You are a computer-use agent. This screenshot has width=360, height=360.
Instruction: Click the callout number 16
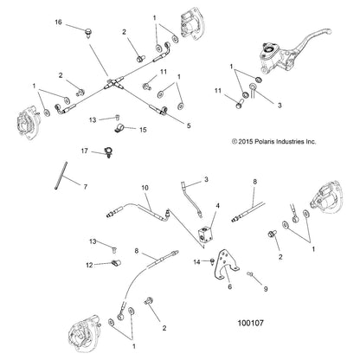click(x=58, y=22)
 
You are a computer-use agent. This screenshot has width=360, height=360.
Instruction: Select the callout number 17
click(x=84, y=151)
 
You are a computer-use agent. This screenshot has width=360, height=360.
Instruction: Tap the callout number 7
click(x=86, y=187)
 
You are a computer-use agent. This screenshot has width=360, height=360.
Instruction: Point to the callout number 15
click(x=143, y=130)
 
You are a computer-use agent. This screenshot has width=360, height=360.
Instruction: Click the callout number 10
click(x=145, y=188)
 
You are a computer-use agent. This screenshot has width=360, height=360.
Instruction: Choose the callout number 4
click(x=218, y=206)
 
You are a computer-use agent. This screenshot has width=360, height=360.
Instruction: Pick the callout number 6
click(x=230, y=286)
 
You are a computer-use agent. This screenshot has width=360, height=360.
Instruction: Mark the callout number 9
click(x=266, y=288)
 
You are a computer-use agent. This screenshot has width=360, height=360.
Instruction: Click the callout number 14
click(x=196, y=262)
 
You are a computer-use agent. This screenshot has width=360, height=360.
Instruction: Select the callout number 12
click(x=89, y=265)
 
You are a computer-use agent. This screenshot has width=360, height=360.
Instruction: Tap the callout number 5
click(x=189, y=125)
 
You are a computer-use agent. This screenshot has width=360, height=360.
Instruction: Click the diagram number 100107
click(x=250, y=323)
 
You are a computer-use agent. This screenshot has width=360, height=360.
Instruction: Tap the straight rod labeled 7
click(x=61, y=176)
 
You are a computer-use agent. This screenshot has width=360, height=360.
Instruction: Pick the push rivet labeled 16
click(x=87, y=32)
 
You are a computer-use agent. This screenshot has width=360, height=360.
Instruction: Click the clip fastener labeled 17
click(x=109, y=152)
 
